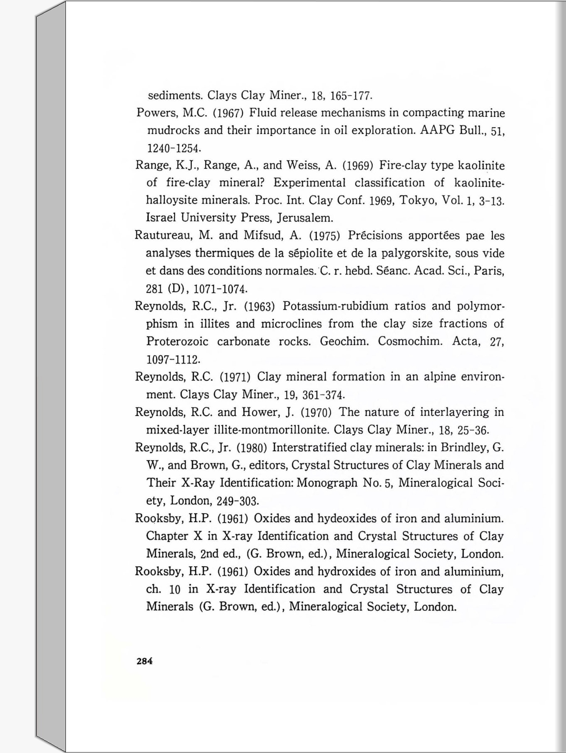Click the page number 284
coord(145,661)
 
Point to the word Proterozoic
coord(177,341)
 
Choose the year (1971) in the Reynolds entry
coord(235,377)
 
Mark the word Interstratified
coord(310,448)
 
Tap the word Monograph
coord(327,483)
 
